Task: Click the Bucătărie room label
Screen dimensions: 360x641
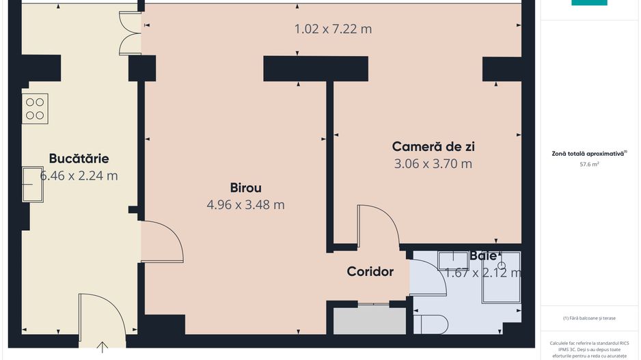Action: pos(79,158)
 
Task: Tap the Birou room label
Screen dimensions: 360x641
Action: pos(245,188)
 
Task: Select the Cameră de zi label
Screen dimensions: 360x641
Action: pos(433,146)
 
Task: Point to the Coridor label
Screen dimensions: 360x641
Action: pos(370,272)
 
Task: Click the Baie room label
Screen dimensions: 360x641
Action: pos(482,256)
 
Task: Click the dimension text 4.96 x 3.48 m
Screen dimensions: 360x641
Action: pos(245,204)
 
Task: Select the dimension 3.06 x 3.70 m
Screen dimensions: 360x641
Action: pos(433,164)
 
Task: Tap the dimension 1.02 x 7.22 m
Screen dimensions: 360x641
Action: pos(333,29)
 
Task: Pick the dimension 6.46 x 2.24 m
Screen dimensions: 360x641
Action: pos(79,176)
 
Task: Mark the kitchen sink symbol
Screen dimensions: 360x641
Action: pos(32,184)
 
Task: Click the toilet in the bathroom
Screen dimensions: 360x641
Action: pos(431,324)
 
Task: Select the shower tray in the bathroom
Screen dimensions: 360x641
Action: pos(501,277)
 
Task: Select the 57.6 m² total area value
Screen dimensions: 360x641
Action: pos(589,165)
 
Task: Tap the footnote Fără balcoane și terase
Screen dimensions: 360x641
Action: pos(588,318)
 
